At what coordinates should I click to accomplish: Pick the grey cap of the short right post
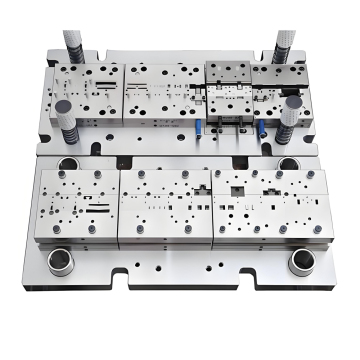[292, 103]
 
